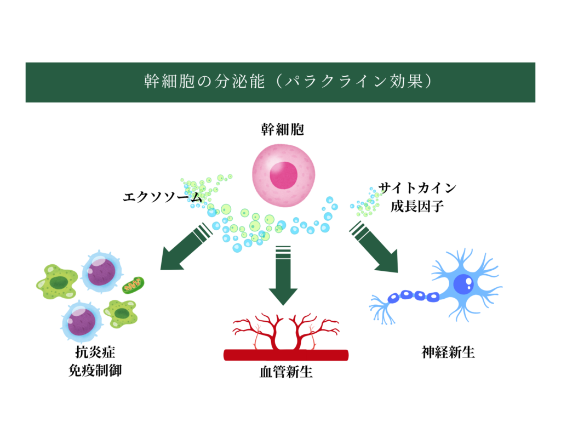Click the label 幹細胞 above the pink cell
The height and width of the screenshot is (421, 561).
tap(282, 130)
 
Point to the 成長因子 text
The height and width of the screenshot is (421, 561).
tap(417, 207)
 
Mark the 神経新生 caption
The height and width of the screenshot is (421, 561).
tap(448, 352)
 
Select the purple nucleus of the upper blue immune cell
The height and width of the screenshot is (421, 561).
tap(102, 270)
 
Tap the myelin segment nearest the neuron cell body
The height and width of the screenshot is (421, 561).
tap(432, 297)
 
